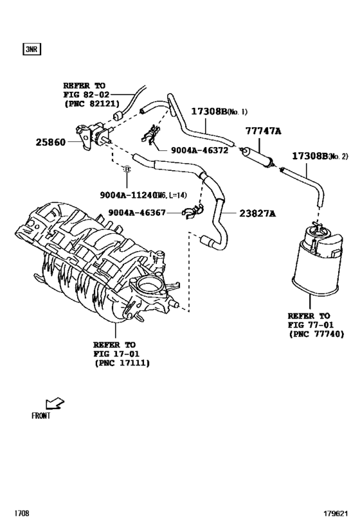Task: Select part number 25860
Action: click(51, 141)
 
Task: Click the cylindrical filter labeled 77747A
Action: click(258, 156)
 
